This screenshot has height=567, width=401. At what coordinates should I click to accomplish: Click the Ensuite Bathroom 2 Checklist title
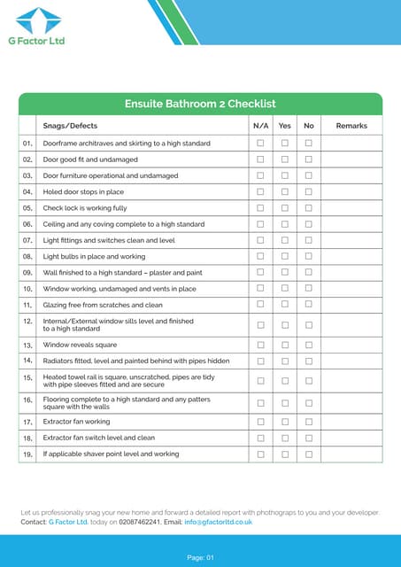(200, 104)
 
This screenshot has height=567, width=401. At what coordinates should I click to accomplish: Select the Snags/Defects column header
(70, 126)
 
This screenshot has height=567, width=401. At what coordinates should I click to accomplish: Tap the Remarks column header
(351, 126)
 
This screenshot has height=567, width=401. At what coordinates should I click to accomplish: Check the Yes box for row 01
(285, 143)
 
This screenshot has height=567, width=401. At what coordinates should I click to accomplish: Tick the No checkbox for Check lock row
(309, 208)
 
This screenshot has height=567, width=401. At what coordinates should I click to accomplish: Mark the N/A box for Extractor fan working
(260, 422)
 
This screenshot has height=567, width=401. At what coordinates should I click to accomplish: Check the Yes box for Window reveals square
(285, 345)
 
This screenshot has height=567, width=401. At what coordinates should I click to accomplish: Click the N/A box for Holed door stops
(260, 191)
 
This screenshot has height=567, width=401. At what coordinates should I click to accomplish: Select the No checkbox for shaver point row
(309, 454)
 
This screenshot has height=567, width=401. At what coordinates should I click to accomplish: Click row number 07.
(27, 240)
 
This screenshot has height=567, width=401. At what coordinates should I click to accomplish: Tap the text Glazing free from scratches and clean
(103, 304)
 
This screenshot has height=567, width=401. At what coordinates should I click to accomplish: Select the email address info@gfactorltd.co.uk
(219, 522)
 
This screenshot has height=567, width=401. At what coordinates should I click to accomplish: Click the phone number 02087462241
(140, 522)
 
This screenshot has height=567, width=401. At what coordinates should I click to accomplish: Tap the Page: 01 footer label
(200, 557)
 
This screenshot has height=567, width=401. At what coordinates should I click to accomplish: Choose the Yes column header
(285, 126)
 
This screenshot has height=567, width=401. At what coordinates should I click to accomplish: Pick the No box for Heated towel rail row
(309, 381)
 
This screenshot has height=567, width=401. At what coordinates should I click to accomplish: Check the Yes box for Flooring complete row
(285, 403)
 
